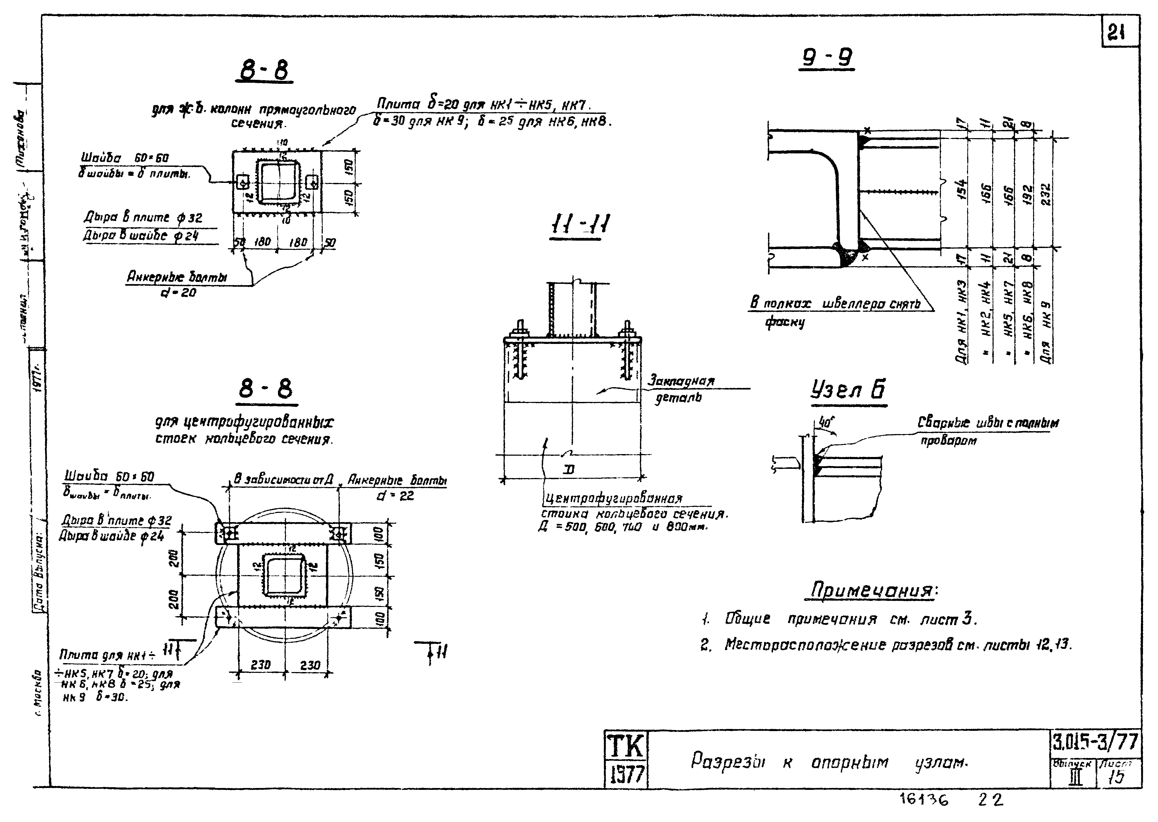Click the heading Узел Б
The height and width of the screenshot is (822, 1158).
pos(848,390)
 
